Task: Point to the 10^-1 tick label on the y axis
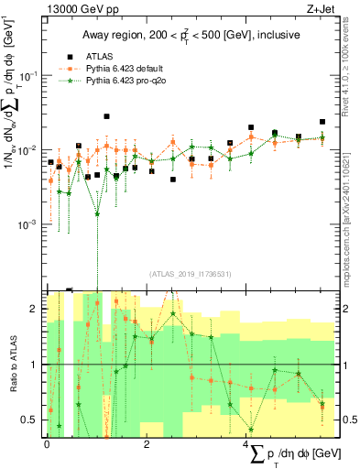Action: click(x=28, y=74)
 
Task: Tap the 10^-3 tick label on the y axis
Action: click(x=28, y=224)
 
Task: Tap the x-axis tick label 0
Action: click(x=47, y=442)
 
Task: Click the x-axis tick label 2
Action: click(x=147, y=442)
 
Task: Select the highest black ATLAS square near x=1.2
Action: click(x=107, y=116)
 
